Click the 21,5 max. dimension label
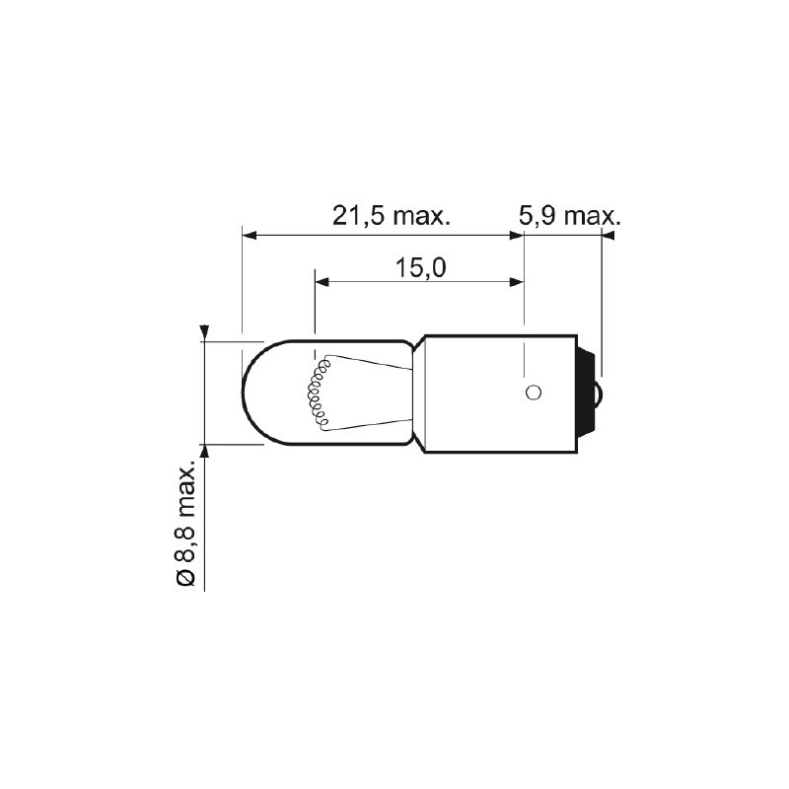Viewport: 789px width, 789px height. click(x=391, y=216)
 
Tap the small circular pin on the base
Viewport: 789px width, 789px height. click(x=533, y=393)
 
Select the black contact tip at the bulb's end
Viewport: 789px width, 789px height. click(x=591, y=393)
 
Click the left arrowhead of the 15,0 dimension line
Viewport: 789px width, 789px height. click(x=322, y=282)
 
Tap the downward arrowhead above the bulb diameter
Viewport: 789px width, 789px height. click(x=204, y=332)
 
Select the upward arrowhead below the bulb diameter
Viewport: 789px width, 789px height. click(x=204, y=452)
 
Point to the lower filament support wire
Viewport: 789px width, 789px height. click(x=365, y=424)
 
